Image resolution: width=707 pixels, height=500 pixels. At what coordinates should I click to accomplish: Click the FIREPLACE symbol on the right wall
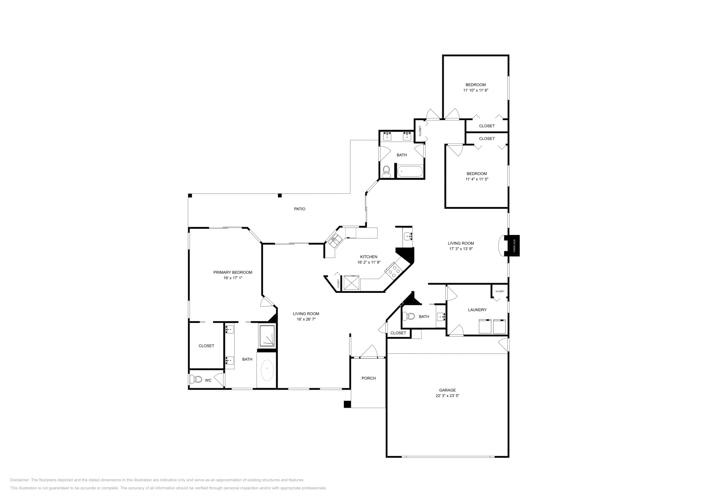[514, 246]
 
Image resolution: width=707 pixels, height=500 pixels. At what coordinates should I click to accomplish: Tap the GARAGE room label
[447, 390]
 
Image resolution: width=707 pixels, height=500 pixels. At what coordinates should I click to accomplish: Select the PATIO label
[300, 209]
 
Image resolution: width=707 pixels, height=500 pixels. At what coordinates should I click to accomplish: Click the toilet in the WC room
[196, 379]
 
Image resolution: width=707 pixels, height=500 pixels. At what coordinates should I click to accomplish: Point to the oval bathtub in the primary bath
[267, 370]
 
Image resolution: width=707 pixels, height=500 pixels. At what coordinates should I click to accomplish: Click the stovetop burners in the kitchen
[392, 270]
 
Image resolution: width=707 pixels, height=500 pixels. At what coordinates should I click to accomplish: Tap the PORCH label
[369, 378]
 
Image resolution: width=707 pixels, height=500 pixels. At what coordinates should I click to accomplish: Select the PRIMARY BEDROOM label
[233, 273]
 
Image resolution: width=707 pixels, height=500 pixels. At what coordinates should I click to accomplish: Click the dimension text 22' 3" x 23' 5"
[447, 396]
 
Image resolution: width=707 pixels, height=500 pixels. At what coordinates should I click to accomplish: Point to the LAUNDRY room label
[477, 310]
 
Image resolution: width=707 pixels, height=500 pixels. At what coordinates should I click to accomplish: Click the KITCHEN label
[369, 257]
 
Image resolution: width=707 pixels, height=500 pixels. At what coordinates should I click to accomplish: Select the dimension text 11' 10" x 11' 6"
[475, 90]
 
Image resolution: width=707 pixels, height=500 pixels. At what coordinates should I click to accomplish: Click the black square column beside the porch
[347, 404]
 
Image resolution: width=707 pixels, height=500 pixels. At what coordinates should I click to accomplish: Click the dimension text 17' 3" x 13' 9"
[461, 249]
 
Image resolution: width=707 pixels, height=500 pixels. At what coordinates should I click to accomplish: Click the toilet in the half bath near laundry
[409, 316]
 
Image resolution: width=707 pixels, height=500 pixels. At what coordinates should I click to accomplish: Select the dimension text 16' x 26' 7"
[306, 319]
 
